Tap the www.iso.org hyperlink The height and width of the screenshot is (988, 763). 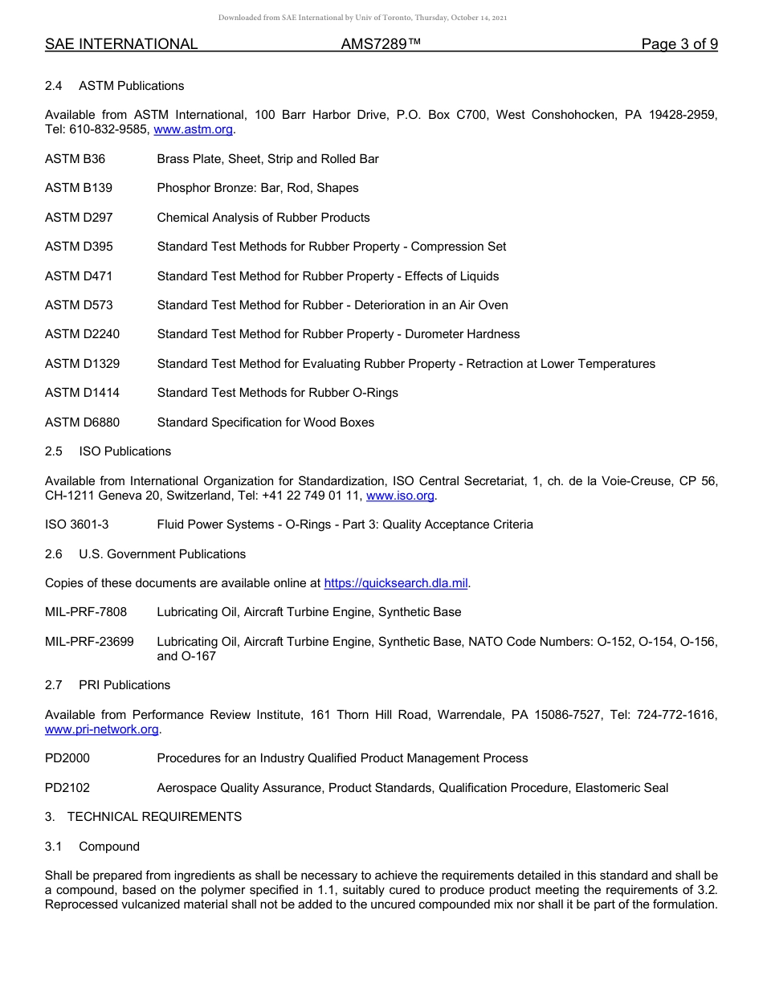[x=401, y=496]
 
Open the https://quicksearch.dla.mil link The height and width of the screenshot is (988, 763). [x=396, y=583]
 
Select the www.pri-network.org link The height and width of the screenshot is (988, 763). [x=102, y=729]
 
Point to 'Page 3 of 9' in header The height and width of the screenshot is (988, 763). [x=679, y=44]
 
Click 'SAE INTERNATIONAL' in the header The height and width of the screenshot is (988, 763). [x=121, y=44]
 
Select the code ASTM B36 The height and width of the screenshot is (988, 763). [x=75, y=159]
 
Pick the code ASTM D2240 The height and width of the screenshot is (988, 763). [x=82, y=334]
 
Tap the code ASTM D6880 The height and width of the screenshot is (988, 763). [x=82, y=423]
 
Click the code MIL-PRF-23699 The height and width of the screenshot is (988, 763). [x=89, y=642]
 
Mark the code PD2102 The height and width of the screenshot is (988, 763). [x=67, y=788]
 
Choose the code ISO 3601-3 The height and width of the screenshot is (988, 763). [x=76, y=525]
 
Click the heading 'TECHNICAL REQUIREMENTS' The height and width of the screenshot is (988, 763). [x=154, y=817]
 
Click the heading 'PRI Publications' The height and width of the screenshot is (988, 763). [x=124, y=685]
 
